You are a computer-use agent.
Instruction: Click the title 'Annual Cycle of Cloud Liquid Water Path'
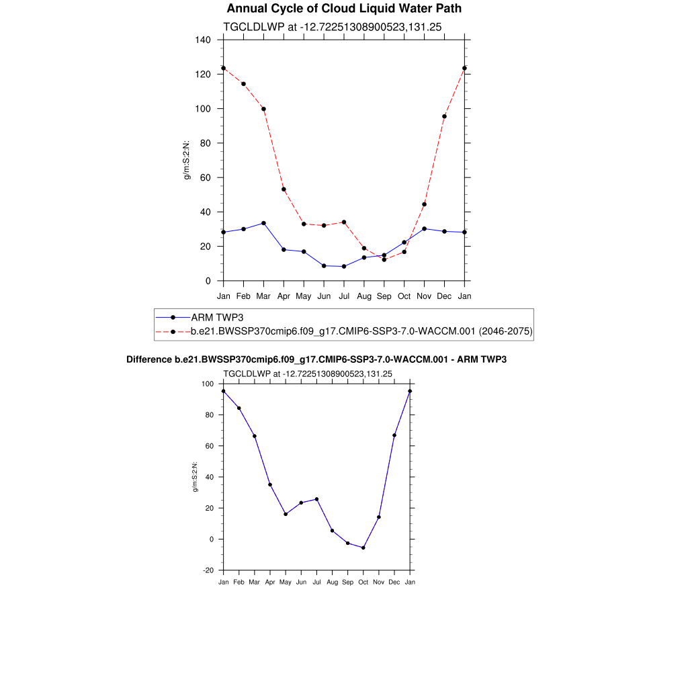pyautogui.click(x=344, y=9)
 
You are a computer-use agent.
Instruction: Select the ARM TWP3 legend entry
pyautogui.click(x=217, y=317)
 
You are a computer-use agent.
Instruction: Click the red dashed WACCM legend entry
pyautogui.click(x=361, y=331)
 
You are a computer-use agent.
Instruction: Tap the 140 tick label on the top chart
pyautogui.click(x=204, y=40)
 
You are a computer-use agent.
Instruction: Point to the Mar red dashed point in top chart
pyautogui.click(x=263, y=109)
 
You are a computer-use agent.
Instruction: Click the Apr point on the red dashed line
pyautogui.click(x=284, y=189)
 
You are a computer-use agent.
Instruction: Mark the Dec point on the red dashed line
pyautogui.click(x=444, y=116)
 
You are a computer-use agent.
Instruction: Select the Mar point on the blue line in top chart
pyautogui.click(x=263, y=223)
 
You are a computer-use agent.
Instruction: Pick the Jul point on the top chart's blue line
pyautogui.click(x=344, y=266)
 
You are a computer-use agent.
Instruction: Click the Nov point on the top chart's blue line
pyautogui.click(x=424, y=228)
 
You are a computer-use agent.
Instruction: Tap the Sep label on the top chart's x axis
pyautogui.click(x=384, y=296)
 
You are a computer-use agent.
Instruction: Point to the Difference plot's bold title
pyautogui.click(x=316, y=359)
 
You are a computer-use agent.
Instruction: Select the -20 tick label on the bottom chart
pyautogui.click(x=208, y=570)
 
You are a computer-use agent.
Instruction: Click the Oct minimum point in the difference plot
pyautogui.click(x=363, y=548)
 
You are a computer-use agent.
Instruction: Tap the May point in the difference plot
pyautogui.click(x=286, y=514)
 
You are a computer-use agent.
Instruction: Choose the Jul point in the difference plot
pyautogui.click(x=316, y=499)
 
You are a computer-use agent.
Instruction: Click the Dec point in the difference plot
pyautogui.click(x=394, y=435)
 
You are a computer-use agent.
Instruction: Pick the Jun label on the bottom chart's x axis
pyautogui.click(x=301, y=582)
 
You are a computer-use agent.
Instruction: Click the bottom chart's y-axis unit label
pyautogui.click(x=196, y=477)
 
